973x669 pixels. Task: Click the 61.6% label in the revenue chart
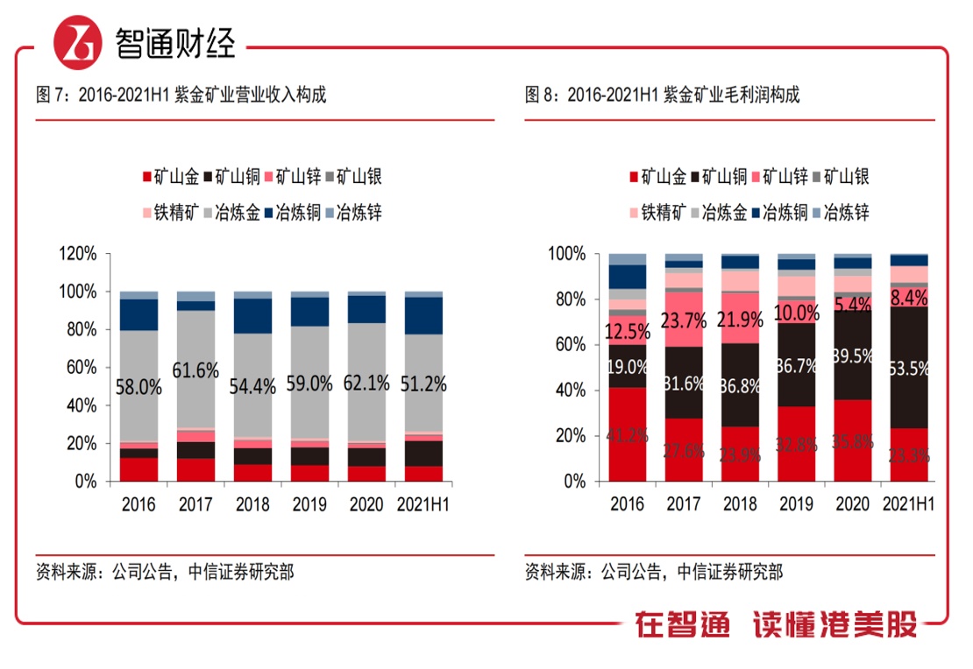click(195, 371)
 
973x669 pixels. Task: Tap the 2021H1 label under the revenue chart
click(424, 504)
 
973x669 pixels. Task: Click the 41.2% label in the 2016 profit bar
click(627, 433)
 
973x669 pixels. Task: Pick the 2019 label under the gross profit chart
click(797, 504)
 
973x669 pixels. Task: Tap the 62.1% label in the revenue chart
click(367, 383)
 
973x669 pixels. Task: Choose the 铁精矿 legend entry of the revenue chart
click(171, 213)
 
